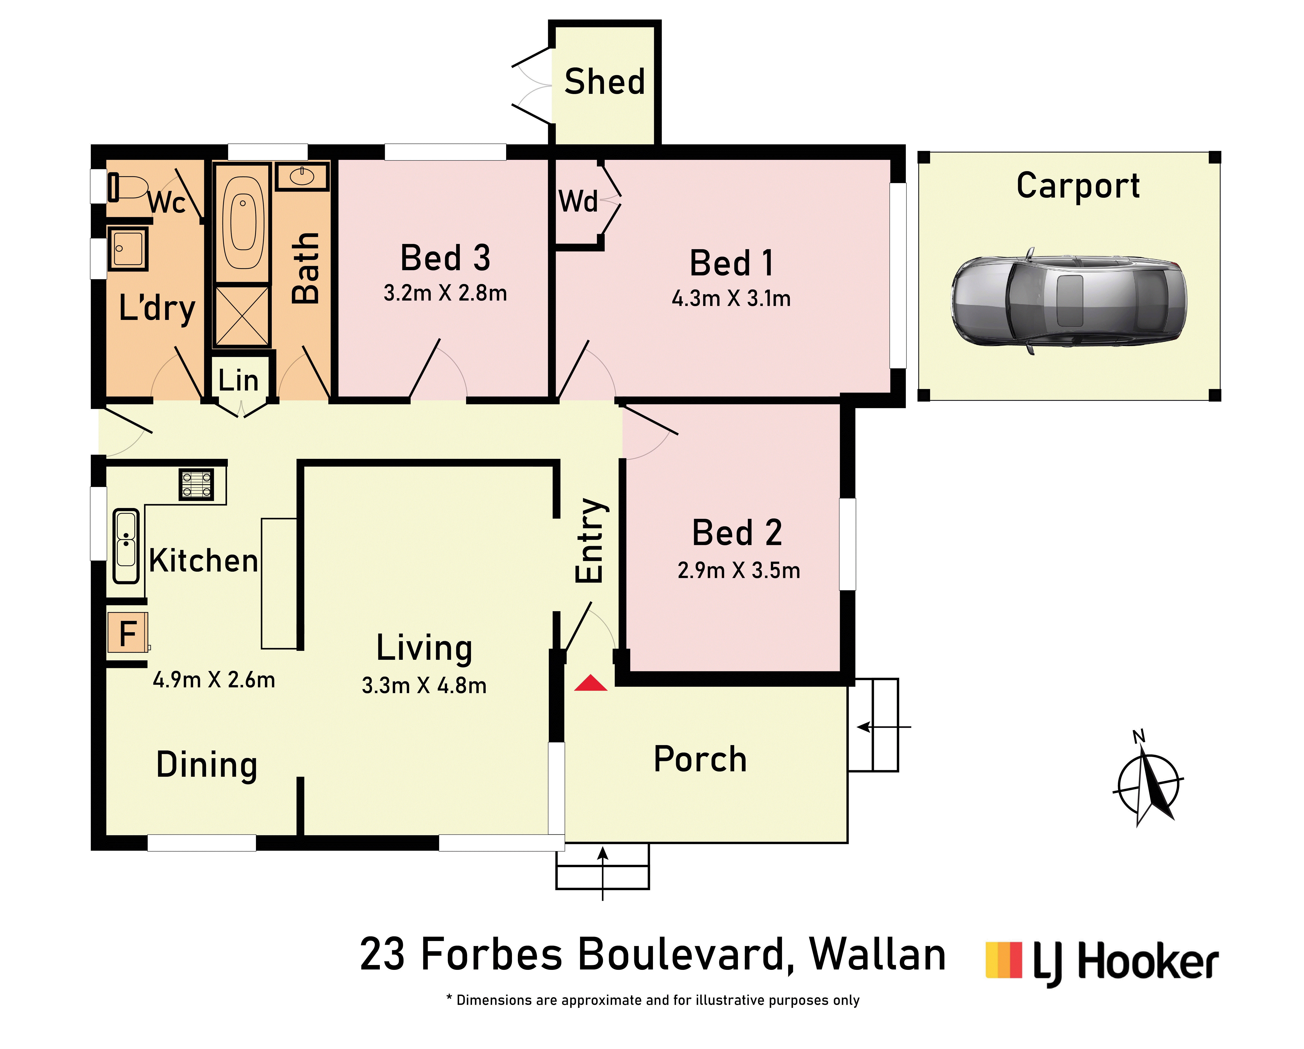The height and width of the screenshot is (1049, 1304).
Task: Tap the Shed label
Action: [x=605, y=82]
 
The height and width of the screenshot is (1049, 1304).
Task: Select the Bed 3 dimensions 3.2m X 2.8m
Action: [x=445, y=293]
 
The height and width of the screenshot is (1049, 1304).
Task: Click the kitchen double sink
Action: [x=126, y=546]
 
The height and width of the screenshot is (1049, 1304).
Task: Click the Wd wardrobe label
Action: [x=578, y=201]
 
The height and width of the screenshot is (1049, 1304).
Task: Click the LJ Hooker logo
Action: [x=1102, y=963]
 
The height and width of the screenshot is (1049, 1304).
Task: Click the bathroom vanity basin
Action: [x=302, y=177]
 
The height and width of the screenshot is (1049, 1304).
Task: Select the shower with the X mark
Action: [x=242, y=316]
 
